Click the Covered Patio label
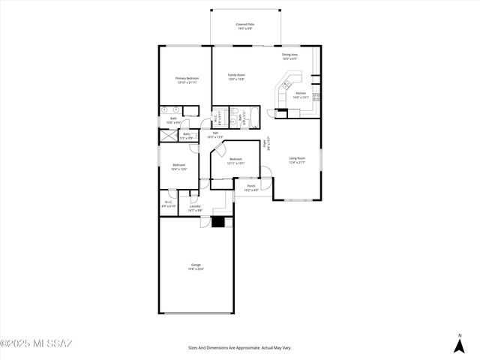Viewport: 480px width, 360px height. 246,26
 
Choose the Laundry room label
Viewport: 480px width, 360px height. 194,208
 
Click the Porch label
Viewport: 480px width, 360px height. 251,187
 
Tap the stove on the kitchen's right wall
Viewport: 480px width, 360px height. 316,97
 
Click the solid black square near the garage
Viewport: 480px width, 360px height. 219,221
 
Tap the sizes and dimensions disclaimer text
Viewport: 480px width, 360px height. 239,348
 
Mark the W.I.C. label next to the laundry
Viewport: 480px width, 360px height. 169,204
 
